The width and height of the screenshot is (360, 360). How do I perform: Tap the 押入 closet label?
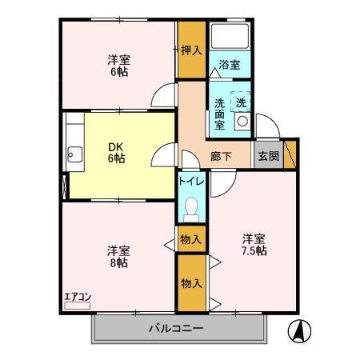pos(190,50)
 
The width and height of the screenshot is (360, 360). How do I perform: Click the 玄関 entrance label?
pos(268,156)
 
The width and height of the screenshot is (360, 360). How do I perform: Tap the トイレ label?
pos(191,182)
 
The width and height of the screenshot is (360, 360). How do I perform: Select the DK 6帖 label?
pos(117,152)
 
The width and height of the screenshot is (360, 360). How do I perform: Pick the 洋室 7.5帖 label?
pos(254,245)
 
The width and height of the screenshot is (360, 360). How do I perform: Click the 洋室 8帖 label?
pos(118,255)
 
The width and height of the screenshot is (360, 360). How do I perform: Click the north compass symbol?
pos(298,328)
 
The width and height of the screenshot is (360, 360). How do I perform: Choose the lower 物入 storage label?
pos(191,283)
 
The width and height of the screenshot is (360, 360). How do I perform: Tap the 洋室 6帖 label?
pos(118,64)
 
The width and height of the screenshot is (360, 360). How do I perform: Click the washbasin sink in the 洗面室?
pos(241,122)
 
